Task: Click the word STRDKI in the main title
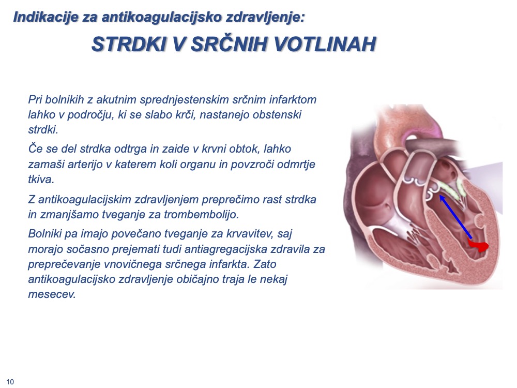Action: coord(129,44)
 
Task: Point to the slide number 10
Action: coord(10,382)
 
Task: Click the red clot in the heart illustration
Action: coord(478,245)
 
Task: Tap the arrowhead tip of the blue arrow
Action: coord(440,196)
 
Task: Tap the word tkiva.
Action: coord(41,179)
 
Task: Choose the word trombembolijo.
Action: coord(202,215)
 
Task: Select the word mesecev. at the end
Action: coord(52,294)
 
